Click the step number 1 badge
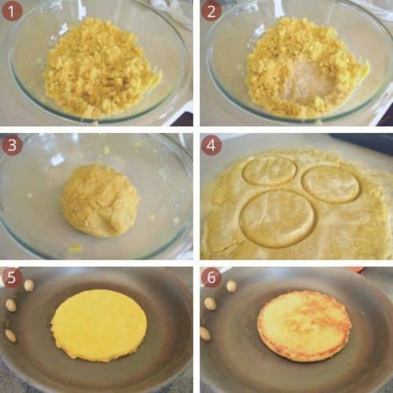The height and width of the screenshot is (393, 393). (x=12, y=12)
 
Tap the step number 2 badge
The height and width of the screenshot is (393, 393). (x=211, y=12)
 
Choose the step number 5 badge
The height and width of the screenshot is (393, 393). (x=12, y=278)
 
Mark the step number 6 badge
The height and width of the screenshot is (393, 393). (x=211, y=278)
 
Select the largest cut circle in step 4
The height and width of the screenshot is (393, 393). (x=277, y=217)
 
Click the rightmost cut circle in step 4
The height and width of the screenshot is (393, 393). (x=331, y=184)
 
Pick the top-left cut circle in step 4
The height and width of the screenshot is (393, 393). (x=269, y=170)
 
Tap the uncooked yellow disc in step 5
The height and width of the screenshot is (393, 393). (x=98, y=325)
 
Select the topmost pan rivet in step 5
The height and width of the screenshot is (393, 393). (x=29, y=285)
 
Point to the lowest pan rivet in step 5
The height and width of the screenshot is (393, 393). (x=10, y=335)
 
